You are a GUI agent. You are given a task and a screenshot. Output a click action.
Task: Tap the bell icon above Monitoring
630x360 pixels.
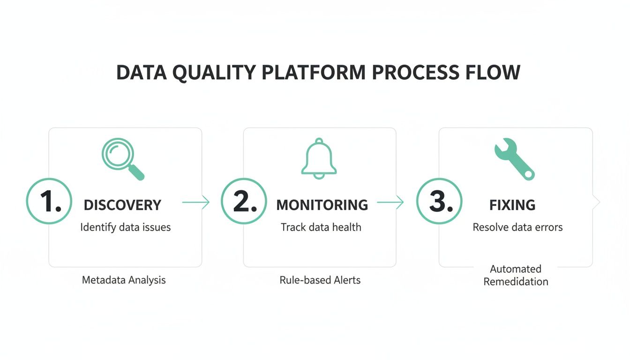point(319,158)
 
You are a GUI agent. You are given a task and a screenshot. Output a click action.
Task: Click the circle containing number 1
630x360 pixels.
point(49,202)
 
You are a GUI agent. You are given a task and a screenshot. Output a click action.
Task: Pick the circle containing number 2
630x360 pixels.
point(243,202)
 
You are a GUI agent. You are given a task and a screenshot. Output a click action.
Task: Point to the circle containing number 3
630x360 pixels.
point(439,202)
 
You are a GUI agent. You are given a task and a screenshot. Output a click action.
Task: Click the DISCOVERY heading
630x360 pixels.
point(122,205)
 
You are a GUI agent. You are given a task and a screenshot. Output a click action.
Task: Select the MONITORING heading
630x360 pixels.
point(322,205)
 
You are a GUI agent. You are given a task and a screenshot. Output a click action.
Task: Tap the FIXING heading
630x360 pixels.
point(512,205)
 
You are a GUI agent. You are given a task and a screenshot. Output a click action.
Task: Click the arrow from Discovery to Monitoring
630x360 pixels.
point(195,202)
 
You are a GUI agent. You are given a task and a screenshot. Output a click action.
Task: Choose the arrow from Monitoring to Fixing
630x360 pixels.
point(390,202)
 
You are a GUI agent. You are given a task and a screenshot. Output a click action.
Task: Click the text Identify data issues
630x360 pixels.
point(126,227)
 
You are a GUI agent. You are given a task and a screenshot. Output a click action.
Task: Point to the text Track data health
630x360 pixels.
point(321,227)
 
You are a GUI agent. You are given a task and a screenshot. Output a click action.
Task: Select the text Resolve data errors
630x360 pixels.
point(517,227)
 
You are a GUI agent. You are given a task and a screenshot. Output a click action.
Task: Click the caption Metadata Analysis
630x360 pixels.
point(124,280)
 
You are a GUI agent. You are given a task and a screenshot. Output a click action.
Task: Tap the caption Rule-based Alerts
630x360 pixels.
point(320,280)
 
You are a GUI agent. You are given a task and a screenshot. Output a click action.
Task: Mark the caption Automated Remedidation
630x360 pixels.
point(516,275)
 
